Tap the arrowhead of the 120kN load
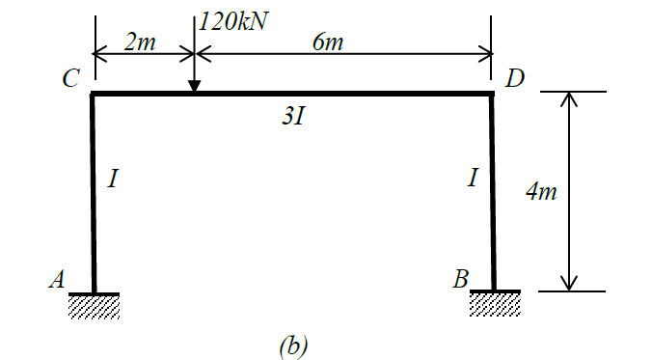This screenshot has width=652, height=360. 194,86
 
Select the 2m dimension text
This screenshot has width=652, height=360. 143,43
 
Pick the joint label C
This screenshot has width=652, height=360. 70,79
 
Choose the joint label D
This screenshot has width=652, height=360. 514,78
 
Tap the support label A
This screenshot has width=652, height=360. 57,280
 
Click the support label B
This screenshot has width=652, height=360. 461,280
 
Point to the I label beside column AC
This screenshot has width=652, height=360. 114,179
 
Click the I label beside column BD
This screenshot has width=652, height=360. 472,179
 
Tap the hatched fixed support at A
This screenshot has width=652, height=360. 94,305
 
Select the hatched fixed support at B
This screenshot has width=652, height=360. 495,304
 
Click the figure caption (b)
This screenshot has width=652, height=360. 292,343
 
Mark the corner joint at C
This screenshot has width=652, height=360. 93,94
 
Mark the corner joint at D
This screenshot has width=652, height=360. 493,94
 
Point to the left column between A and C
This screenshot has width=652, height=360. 94,193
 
